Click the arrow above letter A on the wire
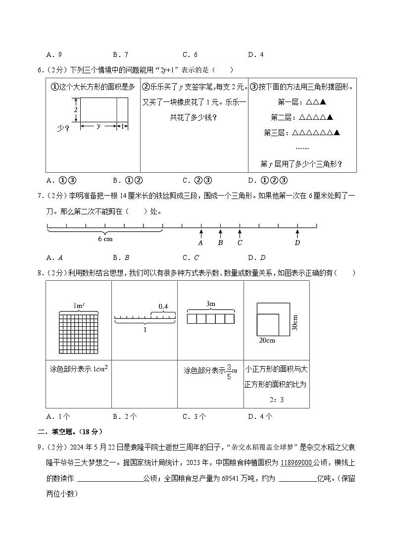[x=201, y=233]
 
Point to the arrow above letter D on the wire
[x=297, y=233]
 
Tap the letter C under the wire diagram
[x=240, y=243]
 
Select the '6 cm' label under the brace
[x=105, y=239]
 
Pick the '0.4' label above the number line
[x=163, y=307]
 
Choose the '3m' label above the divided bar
[x=210, y=303]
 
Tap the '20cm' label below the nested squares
[x=267, y=341]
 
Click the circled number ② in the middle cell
[x=146, y=87]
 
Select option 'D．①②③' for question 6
[x=268, y=180]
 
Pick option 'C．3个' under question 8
[x=195, y=416]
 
